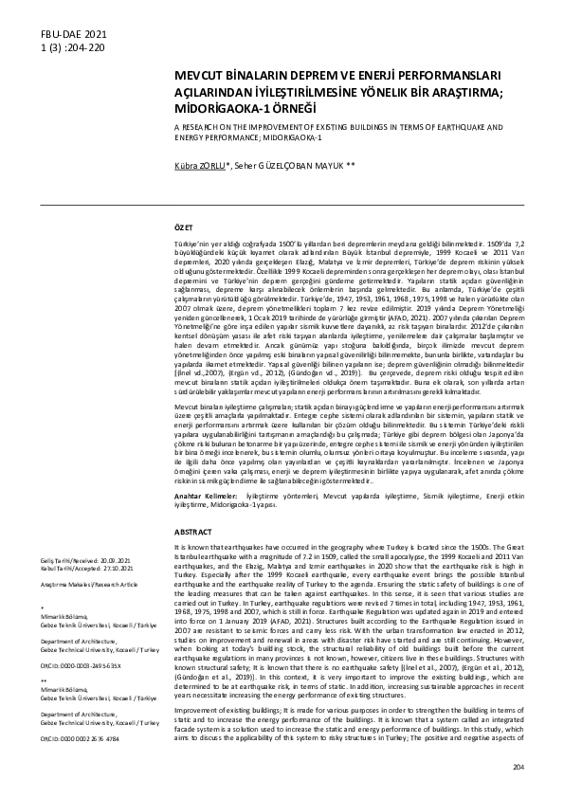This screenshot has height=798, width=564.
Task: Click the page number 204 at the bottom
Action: click(543, 765)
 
